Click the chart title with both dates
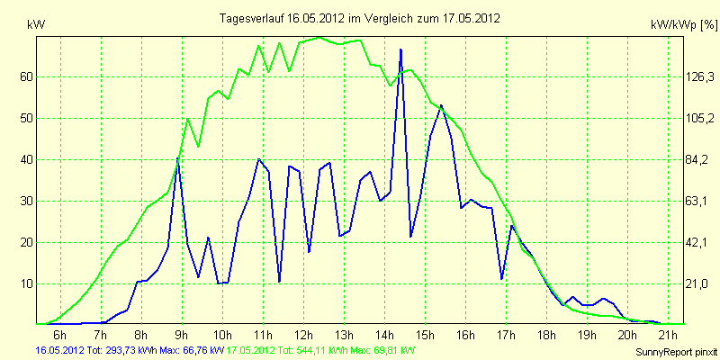360,18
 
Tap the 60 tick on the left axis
27,77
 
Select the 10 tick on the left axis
27,284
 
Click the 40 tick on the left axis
27,160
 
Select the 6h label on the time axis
60,336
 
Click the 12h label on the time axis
303,336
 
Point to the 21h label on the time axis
668,336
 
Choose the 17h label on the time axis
506,336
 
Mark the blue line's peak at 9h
178,158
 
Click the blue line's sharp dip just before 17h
501,279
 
